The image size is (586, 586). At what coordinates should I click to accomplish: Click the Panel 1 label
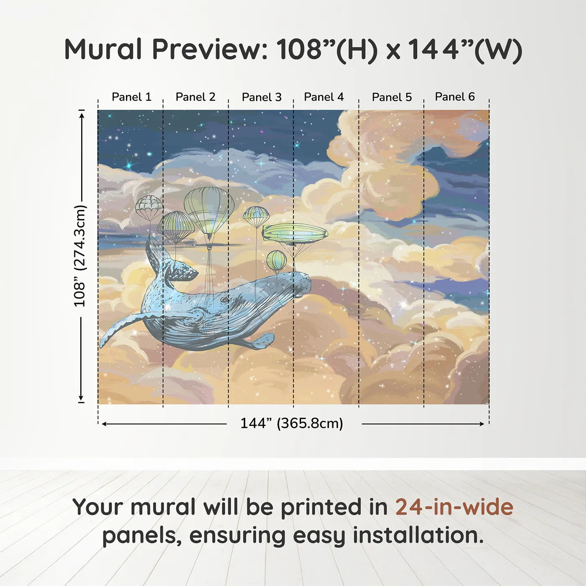[x=131, y=97]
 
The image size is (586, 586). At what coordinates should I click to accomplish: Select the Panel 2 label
[x=195, y=97]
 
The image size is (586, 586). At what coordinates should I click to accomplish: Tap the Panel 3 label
[x=262, y=97]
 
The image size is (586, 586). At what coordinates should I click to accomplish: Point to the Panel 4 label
[x=324, y=97]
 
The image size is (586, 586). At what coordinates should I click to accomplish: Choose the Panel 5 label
[x=392, y=97]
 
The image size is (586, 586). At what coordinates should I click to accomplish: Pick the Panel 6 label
[x=455, y=97]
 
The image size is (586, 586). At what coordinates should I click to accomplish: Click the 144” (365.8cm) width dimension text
[x=291, y=424]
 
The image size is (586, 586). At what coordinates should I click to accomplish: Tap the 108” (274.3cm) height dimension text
[x=80, y=256]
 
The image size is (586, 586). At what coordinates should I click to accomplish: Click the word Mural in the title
[x=103, y=49]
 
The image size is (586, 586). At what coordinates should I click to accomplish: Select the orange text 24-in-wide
[x=454, y=507]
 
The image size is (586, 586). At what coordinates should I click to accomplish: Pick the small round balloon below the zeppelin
[x=276, y=260]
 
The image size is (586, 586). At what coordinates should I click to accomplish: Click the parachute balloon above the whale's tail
[x=149, y=207]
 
